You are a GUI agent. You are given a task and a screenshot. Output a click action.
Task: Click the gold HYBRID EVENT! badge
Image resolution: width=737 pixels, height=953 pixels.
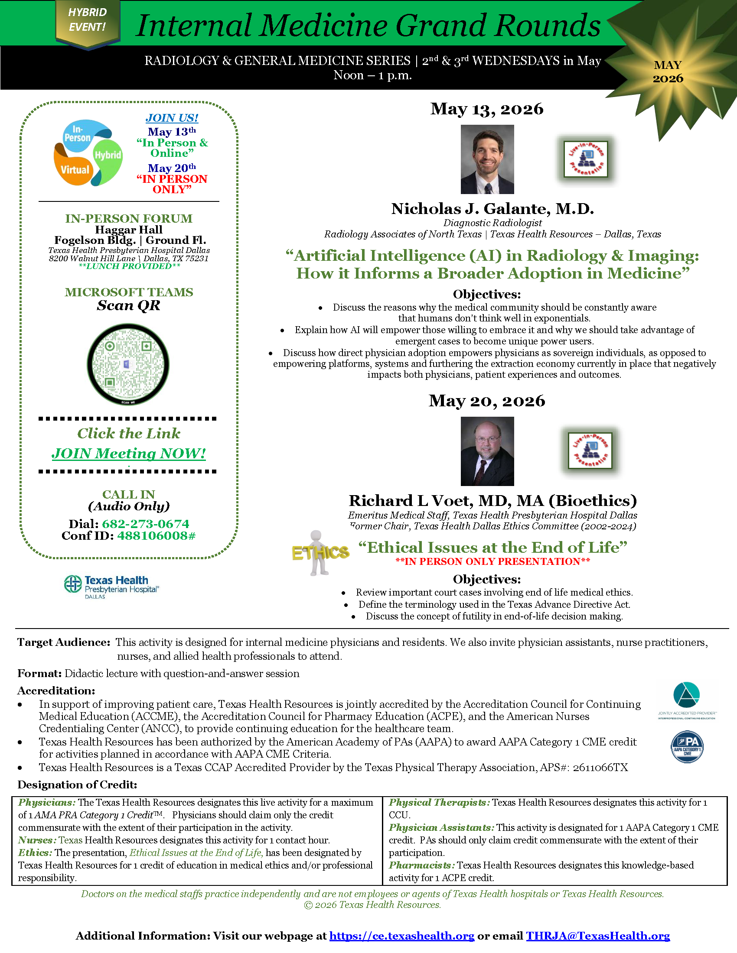(x=87, y=20)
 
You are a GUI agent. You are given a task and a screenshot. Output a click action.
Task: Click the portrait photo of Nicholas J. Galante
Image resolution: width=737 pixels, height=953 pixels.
(x=487, y=159)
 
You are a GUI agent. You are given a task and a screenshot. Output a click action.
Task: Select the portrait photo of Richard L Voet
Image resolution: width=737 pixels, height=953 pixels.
(x=487, y=451)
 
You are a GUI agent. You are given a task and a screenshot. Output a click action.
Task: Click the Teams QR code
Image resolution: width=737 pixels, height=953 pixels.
(x=128, y=364)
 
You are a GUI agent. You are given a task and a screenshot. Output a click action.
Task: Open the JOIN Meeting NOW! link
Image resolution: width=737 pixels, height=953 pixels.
(x=129, y=454)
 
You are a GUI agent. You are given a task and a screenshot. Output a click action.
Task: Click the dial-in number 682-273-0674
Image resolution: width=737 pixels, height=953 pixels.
(x=145, y=524)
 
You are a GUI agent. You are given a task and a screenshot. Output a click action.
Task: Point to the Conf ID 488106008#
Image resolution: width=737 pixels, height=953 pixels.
(x=157, y=536)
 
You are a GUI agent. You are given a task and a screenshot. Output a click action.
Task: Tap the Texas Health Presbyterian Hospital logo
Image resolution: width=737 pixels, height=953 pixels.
(x=111, y=586)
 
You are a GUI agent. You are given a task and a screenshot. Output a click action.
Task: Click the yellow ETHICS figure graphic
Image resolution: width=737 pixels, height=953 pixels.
(x=320, y=553)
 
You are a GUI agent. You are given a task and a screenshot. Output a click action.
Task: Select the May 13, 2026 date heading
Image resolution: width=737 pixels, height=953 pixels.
(x=487, y=109)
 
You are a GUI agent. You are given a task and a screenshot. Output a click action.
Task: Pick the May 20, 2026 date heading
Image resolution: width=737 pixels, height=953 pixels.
(x=487, y=401)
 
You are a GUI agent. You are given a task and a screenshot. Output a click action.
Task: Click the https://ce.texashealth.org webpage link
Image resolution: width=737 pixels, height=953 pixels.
(x=402, y=936)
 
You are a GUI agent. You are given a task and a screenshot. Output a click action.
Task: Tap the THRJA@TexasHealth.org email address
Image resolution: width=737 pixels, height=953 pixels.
(x=598, y=936)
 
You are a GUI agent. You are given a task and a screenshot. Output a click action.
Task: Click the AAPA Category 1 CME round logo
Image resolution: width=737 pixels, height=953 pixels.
(x=687, y=747)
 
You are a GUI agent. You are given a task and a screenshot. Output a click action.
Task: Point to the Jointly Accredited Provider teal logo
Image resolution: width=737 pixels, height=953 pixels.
(x=687, y=700)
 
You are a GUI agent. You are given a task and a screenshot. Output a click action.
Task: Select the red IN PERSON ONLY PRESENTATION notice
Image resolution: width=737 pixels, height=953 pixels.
(x=492, y=561)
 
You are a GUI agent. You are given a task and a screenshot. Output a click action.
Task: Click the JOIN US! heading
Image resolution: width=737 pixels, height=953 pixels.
(x=172, y=118)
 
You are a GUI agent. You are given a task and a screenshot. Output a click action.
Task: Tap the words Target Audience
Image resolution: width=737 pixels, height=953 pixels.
(x=64, y=642)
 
